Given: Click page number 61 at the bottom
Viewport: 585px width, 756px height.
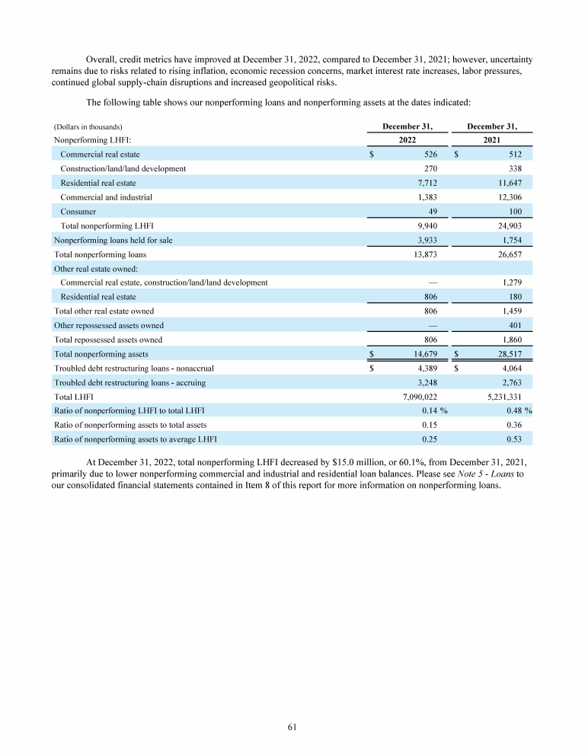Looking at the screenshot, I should click(292, 727).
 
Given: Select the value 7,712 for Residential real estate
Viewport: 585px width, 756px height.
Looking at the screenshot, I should click(424, 183).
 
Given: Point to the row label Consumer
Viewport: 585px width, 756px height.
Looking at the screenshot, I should click(78, 212).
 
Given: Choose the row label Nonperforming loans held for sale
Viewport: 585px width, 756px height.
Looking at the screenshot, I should click(113, 240).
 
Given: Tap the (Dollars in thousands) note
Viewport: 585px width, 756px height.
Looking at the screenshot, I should click(88, 126).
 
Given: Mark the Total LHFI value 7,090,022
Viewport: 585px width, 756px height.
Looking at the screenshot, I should click(417, 397).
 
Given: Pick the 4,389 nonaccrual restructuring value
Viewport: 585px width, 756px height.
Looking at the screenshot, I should click(424, 368).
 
